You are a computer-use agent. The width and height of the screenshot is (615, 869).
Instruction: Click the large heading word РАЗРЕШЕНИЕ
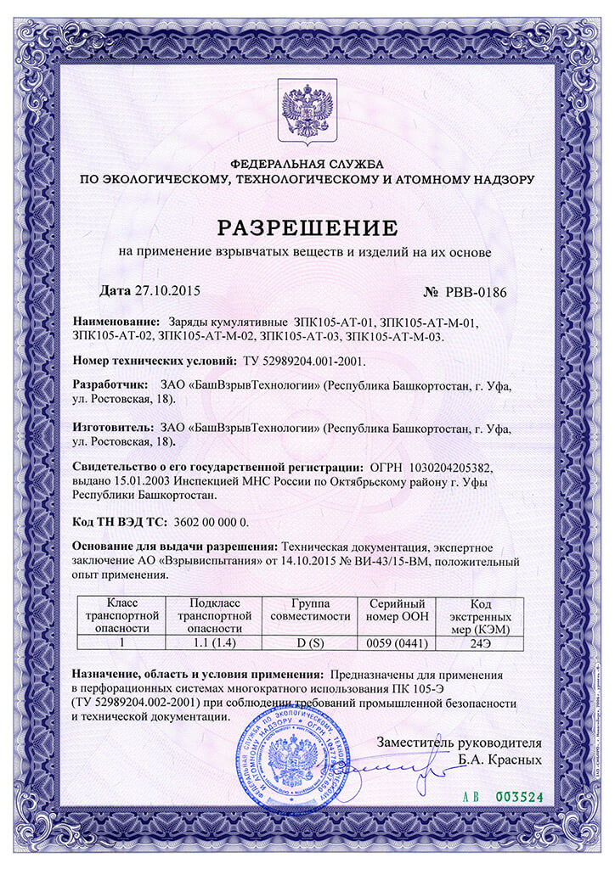pyautogui.click(x=307, y=227)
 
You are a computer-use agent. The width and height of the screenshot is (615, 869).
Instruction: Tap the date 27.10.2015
pyautogui.click(x=166, y=291)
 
